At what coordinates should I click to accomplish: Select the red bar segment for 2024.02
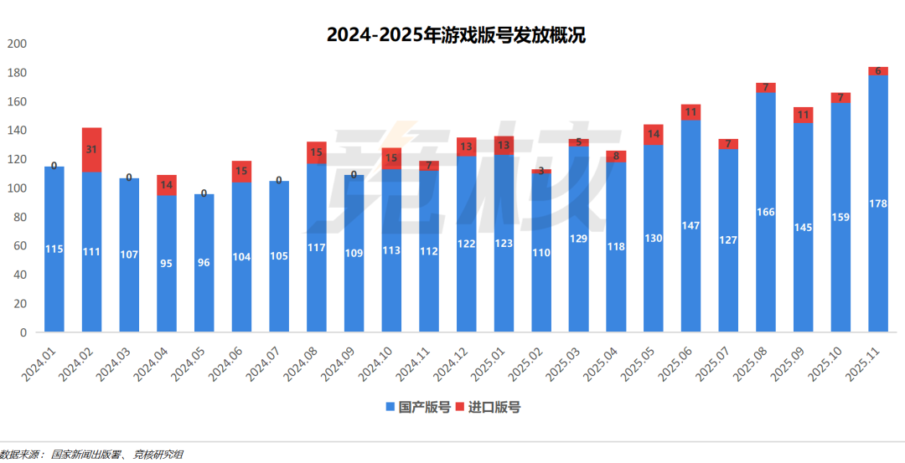[x=91, y=150]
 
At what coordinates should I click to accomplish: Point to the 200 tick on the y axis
[x=17, y=44]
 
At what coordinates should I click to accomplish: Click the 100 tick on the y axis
[x=17, y=188]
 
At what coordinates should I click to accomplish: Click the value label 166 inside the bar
[x=765, y=213]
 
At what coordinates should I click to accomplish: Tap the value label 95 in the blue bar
[x=167, y=264]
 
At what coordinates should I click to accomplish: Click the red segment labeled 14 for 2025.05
[x=653, y=135]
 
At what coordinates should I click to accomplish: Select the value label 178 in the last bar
[x=877, y=203]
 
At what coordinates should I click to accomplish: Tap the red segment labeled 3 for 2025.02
[x=540, y=172]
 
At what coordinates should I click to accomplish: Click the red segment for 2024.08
[x=316, y=152]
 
